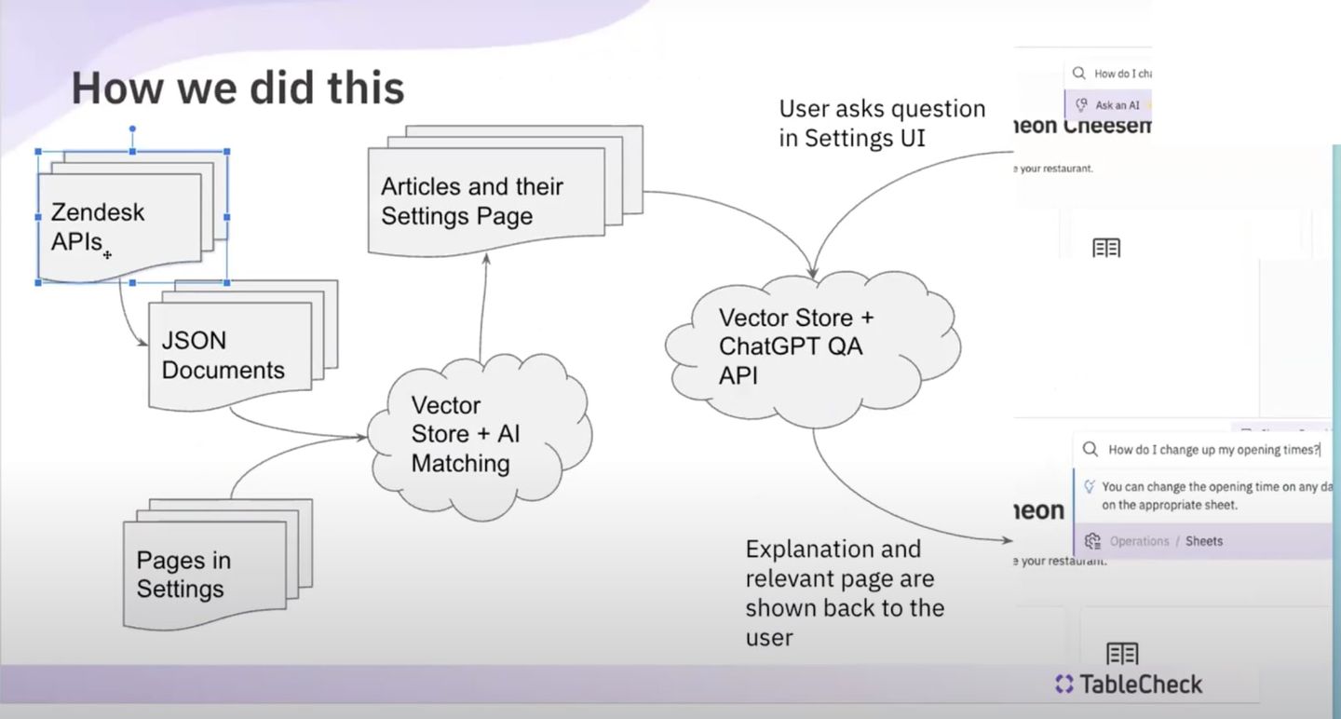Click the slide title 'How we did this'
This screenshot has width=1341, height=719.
(237, 88)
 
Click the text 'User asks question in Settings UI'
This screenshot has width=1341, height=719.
(881, 123)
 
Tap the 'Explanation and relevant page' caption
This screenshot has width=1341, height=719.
(844, 592)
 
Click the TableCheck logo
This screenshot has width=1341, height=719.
(1129, 685)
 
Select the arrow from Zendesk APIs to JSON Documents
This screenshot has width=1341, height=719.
(126, 317)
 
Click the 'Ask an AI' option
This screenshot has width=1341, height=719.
(1116, 105)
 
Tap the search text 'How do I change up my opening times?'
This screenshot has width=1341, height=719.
(1213, 450)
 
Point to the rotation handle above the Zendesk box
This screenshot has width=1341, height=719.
(132, 129)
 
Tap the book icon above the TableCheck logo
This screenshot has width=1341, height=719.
(1122, 653)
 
